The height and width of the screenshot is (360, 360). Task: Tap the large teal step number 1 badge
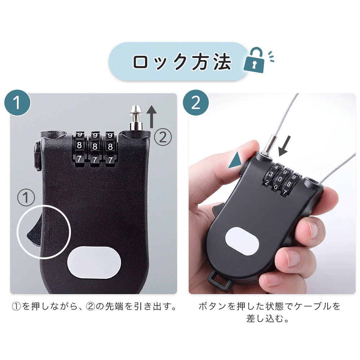[17, 103]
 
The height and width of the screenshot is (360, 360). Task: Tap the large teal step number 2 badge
[196, 103]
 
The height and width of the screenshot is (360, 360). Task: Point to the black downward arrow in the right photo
[284, 146]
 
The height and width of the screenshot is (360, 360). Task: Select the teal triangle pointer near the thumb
[235, 161]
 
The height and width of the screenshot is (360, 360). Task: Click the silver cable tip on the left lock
[136, 118]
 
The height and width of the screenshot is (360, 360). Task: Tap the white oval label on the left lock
[94, 263]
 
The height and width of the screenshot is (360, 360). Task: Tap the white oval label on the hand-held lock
[242, 241]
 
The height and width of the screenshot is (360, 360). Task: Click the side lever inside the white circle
[34, 231]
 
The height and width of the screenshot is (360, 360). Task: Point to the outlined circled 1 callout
[26, 197]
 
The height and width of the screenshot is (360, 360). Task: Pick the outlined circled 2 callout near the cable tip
[163, 137]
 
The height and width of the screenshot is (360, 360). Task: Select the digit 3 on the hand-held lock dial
[271, 174]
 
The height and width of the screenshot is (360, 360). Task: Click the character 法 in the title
[222, 62]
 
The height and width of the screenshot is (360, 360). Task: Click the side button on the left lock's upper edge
[37, 156]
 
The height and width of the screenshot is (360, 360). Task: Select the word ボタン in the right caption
[212, 306]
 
